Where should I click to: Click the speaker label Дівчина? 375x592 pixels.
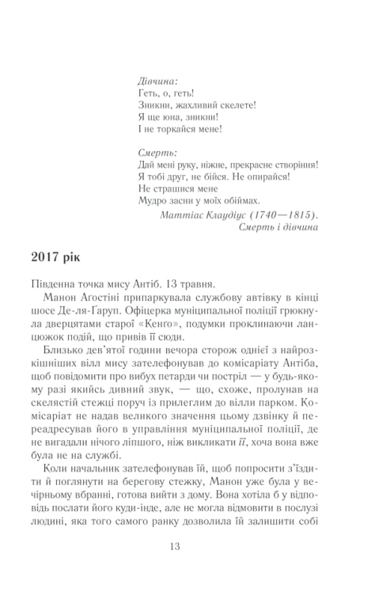coord(158,80)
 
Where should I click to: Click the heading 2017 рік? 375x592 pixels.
coord(63,259)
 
